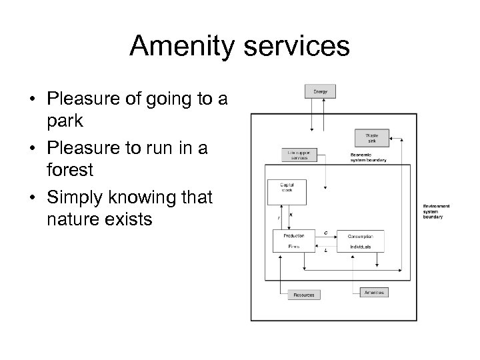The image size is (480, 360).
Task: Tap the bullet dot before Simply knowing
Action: (x=31, y=197)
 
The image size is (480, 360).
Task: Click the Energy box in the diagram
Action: (x=320, y=90)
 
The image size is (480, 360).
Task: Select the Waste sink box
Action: (x=371, y=138)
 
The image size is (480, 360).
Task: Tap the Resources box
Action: (x=303, y=294)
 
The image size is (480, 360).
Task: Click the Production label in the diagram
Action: (x=294, y=235)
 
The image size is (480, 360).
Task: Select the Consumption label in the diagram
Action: (x=360, y=235)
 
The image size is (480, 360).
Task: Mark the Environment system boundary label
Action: (x=436, y=211)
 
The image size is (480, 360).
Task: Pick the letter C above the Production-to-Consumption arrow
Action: (x=325, y=233)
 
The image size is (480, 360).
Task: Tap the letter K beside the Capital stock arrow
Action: (x=291, y=215)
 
